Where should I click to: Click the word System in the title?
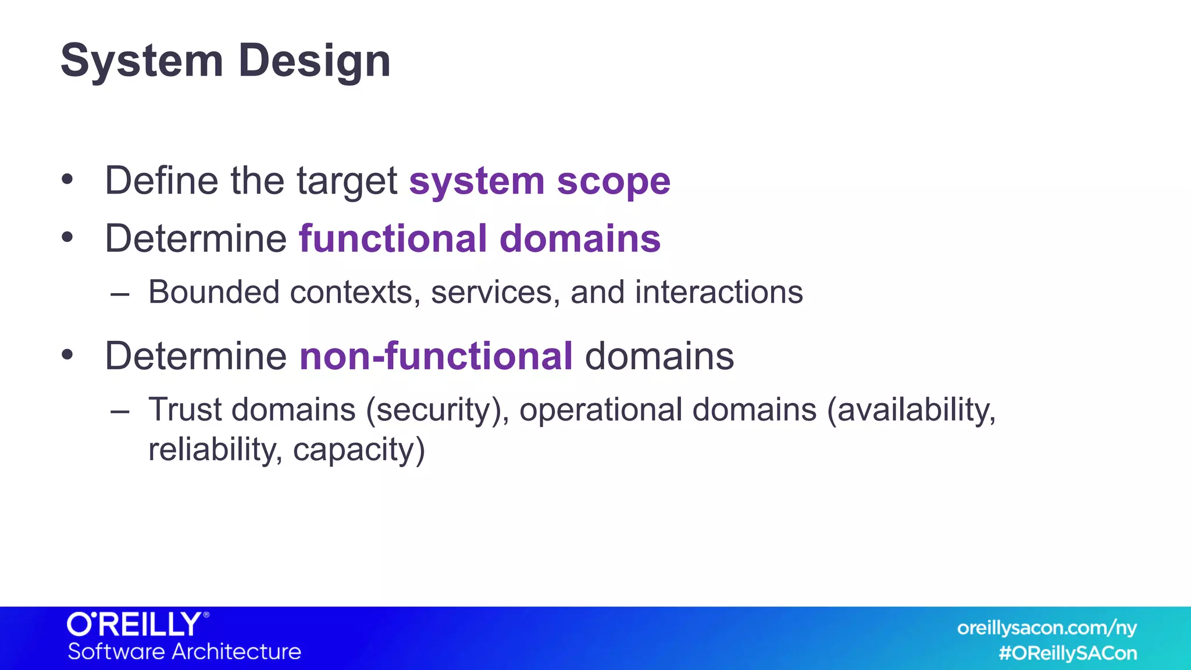tap(142, 60)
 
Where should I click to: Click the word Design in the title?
tap(314, 62)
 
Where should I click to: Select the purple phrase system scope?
tap(540, 181)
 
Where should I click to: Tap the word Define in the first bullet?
tap(161, 181)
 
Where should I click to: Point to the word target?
tap(347, 182)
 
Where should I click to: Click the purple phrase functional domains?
tap(480, 239)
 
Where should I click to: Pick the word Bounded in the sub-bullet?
tap(213, 292)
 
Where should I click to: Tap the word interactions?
tap(719, 292)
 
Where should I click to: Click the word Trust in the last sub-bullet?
tap(185, 409)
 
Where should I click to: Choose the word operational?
tap(601, 411)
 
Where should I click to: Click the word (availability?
tap(911, 411)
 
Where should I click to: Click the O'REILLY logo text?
tap(135, 625)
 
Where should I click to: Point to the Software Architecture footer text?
tap(184, 651)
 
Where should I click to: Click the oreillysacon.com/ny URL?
tap(1047, 628)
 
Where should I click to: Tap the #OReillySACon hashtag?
tap(1068, 654)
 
